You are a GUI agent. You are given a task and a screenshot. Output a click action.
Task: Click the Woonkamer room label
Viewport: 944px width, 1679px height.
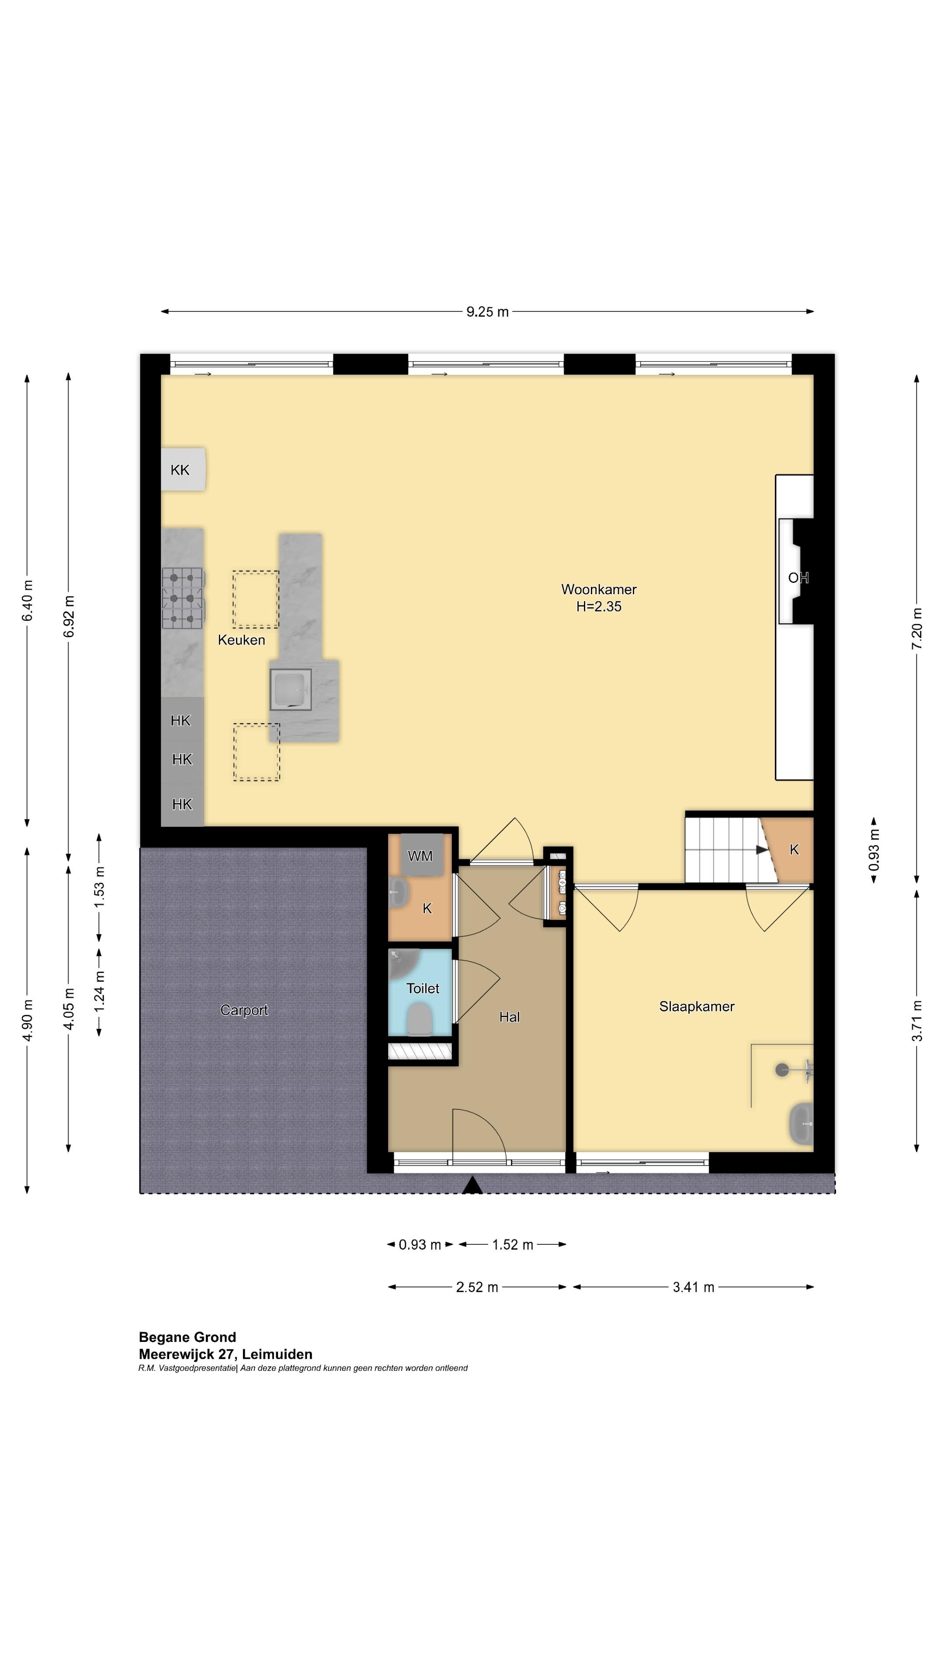click(599, 589)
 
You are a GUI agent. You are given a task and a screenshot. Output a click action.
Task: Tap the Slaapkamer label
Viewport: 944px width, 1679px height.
click(697, 1007)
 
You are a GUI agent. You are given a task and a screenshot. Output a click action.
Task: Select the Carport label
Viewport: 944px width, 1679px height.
click(244, 1010)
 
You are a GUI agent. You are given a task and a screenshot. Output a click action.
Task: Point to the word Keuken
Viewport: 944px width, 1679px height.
click(241, 640)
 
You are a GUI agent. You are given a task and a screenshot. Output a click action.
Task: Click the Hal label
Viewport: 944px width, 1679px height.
click(510, 1017)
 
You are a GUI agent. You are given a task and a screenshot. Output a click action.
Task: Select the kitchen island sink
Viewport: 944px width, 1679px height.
click(291, 689)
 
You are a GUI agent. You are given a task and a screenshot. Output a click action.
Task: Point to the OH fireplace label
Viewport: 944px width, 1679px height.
click(798, 578)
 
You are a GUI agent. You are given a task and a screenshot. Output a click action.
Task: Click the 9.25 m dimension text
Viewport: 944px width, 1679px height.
click(487, 312)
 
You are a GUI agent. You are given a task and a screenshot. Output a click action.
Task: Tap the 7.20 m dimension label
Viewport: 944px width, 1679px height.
click(916, 628)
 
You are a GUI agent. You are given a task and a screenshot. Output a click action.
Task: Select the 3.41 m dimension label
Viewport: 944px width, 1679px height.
click(693, 1287)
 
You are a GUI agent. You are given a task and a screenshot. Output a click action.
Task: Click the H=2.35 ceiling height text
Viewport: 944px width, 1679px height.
click(599, 607)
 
